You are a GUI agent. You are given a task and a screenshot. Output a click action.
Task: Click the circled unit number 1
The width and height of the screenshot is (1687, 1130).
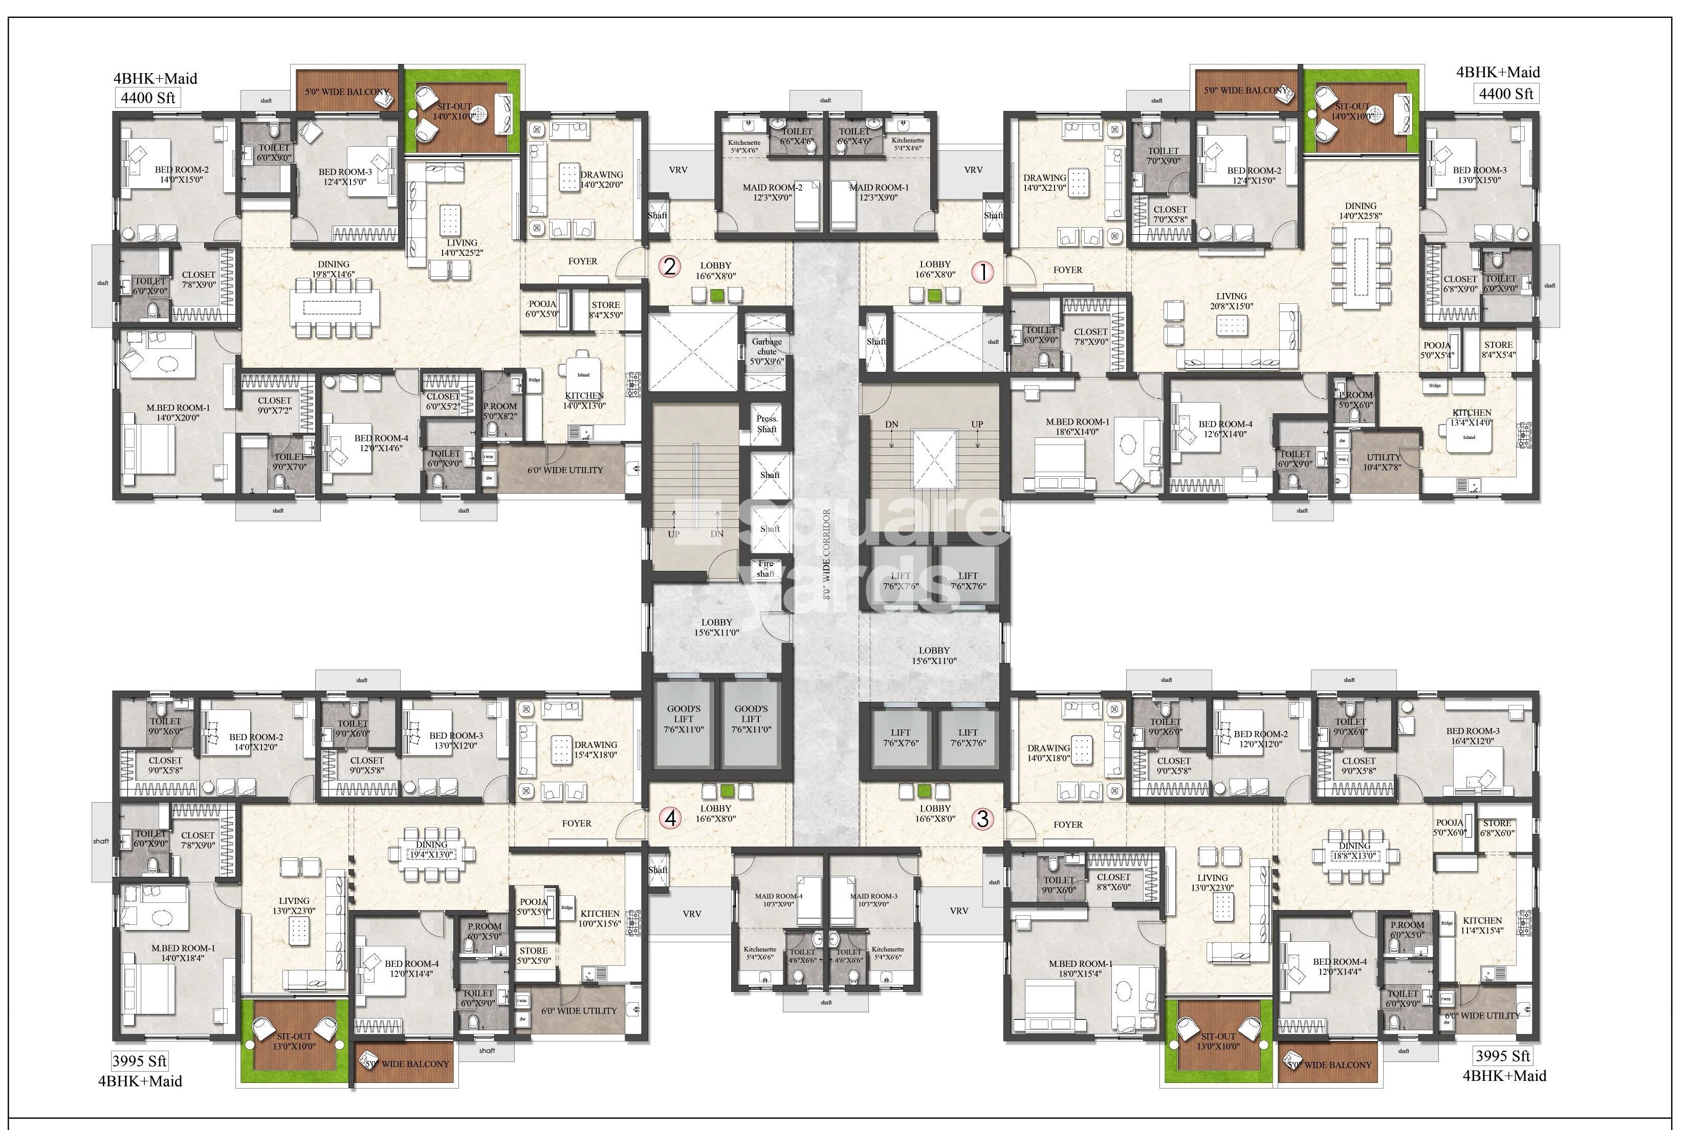(983, 273)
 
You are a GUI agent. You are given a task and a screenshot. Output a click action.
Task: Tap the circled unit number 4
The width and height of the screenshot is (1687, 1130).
(671, 818)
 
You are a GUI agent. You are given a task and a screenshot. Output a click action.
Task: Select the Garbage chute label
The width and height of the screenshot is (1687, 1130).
(767, 351)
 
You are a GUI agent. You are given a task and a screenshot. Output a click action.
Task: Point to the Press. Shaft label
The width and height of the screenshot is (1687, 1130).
(767, 424)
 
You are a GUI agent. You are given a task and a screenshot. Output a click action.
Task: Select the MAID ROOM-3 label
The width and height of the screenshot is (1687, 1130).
(873, 900)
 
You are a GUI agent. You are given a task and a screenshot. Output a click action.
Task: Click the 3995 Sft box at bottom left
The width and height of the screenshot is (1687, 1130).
(139, 1061)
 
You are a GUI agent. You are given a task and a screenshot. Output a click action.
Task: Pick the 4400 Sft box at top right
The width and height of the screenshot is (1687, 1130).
(1506, 94)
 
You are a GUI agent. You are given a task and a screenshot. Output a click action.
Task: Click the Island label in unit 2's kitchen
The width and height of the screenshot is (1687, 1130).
(584, 375)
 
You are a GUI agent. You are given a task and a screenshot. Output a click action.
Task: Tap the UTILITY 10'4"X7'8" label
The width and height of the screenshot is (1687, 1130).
(1383, 462)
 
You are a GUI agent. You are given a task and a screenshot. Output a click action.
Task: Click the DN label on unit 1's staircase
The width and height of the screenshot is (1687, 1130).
(891, 425)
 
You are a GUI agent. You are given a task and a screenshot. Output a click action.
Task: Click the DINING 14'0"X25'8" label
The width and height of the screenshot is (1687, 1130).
(1360, 210)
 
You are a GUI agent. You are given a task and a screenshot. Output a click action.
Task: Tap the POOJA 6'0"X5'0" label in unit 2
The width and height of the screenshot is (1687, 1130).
(542, 309)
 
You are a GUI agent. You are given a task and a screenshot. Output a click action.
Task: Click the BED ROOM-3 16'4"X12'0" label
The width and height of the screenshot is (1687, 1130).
(1472, 736)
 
